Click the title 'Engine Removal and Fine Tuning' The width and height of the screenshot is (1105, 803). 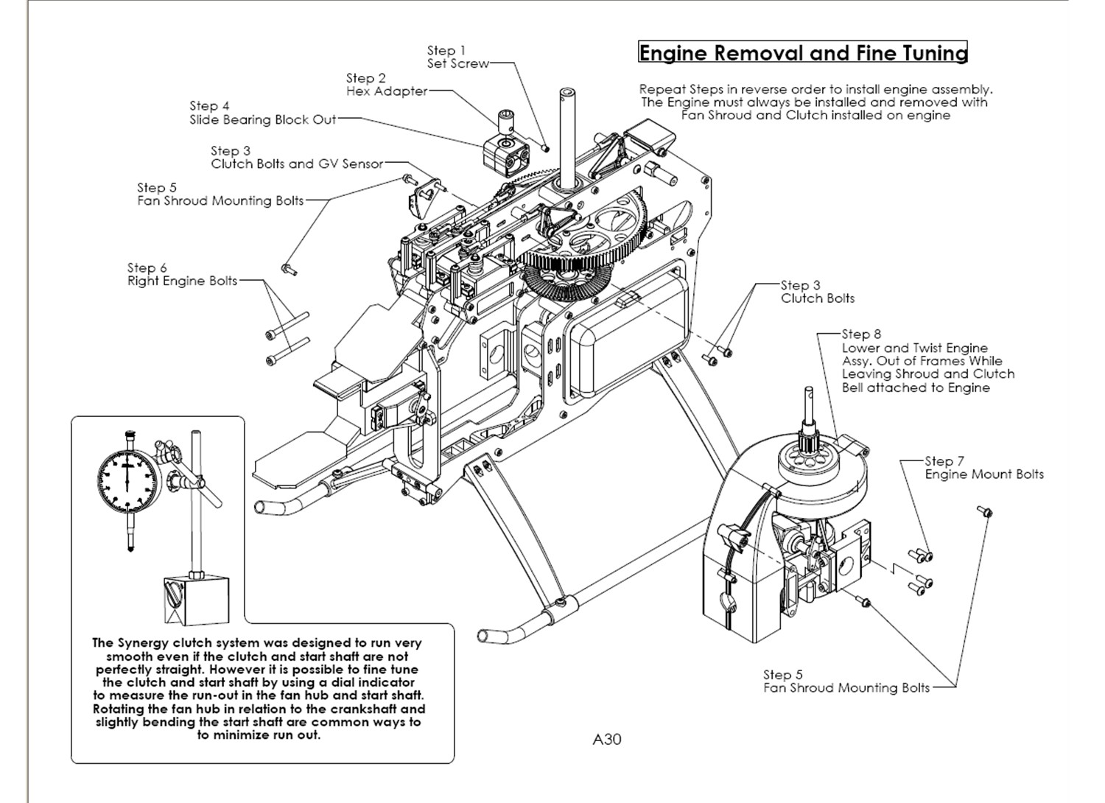coord(802,53)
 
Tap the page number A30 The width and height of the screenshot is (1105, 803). coord(607,739)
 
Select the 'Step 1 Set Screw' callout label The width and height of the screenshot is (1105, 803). coord(457,57)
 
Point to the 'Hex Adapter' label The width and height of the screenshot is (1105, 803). coord(387,91)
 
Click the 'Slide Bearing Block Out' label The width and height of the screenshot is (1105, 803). coord(263,119)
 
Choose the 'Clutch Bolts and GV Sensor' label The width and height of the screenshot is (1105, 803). coord(297,164)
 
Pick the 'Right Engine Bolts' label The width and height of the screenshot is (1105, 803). coord(183,281)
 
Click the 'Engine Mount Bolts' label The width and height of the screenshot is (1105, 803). coord(984,474)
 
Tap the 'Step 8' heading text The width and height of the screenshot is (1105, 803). coord(861,334)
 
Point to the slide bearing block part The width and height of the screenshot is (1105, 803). coord(506,151)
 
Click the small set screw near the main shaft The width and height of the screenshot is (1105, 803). coord(545,147)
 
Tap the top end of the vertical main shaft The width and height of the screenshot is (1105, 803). coord(567,94)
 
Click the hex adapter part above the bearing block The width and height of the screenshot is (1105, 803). coord(507,116)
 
